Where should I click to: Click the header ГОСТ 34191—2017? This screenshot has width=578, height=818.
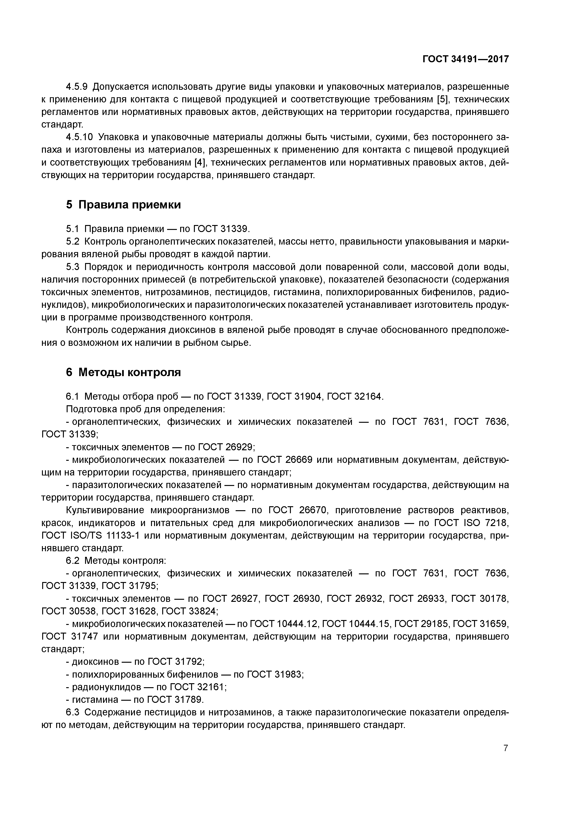465,59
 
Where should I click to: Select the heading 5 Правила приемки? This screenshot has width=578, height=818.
123,205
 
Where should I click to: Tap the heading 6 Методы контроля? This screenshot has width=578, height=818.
123,372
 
